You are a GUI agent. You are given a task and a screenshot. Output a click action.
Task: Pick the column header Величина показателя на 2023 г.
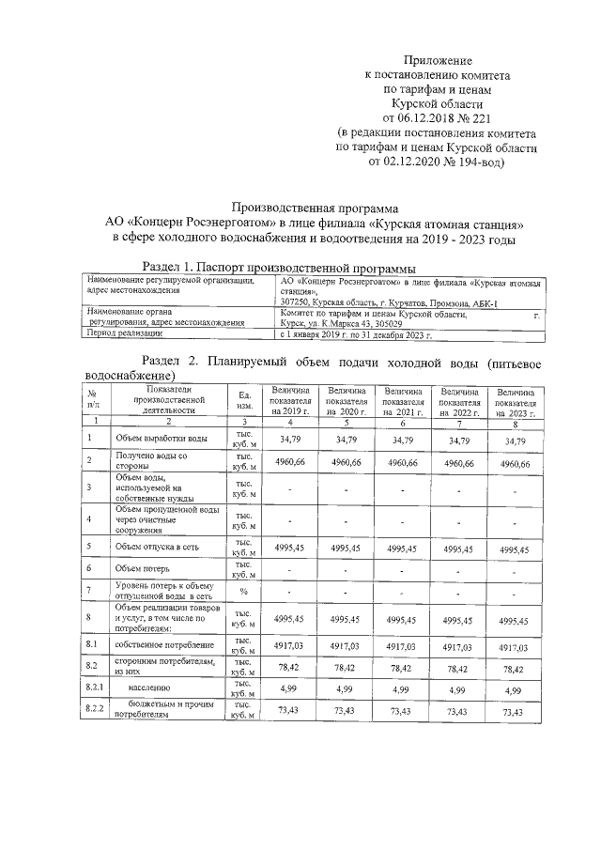coord(516,401)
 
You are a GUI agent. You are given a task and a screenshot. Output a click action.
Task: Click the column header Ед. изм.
coord(244,400)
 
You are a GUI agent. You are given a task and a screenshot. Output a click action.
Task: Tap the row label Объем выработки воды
coord(162,439)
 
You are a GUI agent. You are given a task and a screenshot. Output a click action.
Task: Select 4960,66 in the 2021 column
coord(403,462)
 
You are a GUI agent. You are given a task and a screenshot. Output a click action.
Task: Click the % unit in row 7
coord(243,592)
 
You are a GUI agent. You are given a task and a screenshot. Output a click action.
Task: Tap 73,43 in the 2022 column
coord(459,711)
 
